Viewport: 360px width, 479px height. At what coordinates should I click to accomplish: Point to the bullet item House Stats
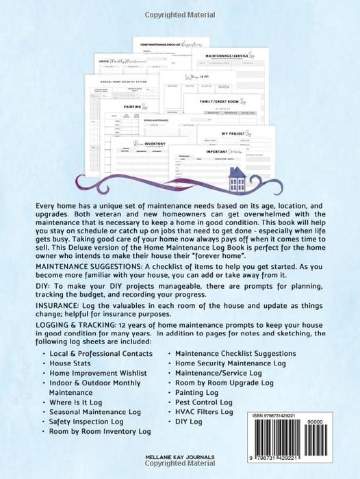point(73,363)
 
